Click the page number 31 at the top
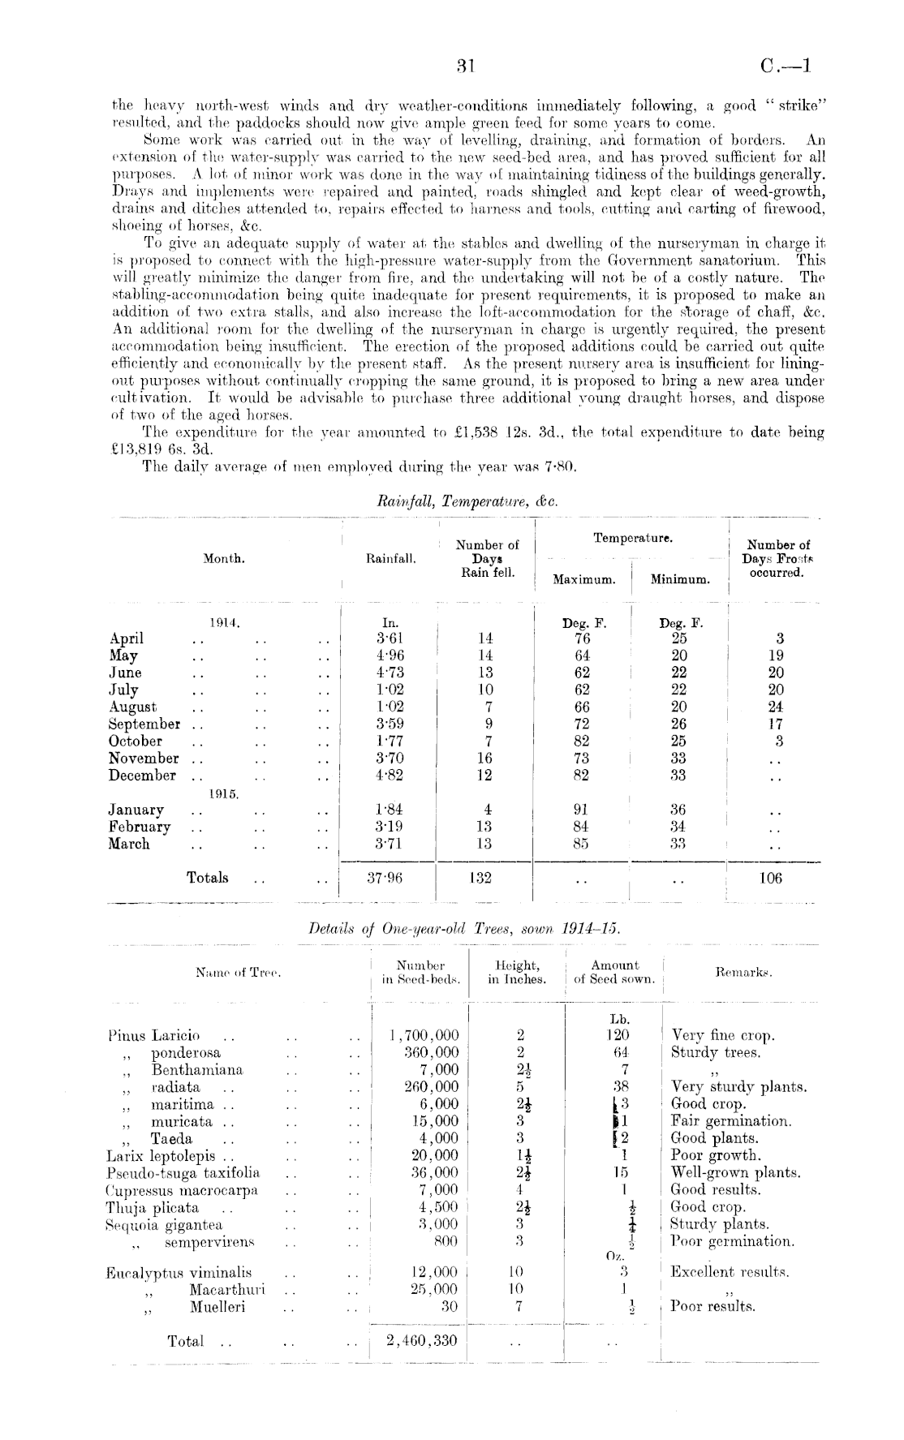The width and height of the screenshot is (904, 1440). click(x=465, y=67)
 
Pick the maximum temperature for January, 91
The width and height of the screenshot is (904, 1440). click(x=582, y=810)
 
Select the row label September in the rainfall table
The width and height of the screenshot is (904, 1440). click(x=144, y=724)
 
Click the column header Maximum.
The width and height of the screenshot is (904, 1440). click(x=583, y=580)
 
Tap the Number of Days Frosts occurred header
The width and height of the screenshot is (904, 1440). click(x=777, y=559)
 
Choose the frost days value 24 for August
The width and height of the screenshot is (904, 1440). click(x=776, y=707)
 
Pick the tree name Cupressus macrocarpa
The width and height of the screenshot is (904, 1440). click(x=182, y=1190)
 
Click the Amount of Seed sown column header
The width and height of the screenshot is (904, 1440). click(x=614, y=972)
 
